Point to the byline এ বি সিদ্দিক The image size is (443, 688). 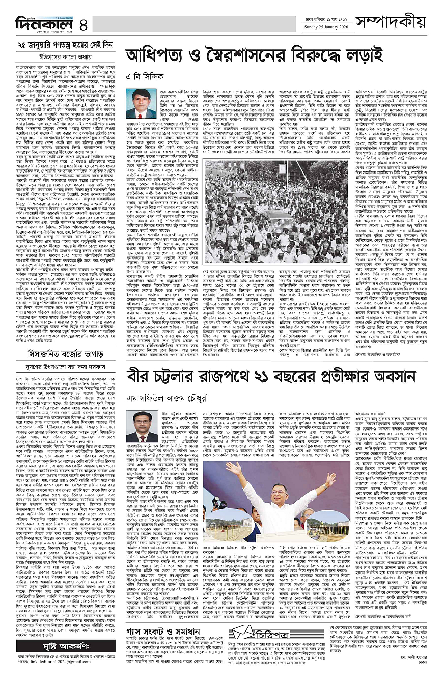146,76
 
